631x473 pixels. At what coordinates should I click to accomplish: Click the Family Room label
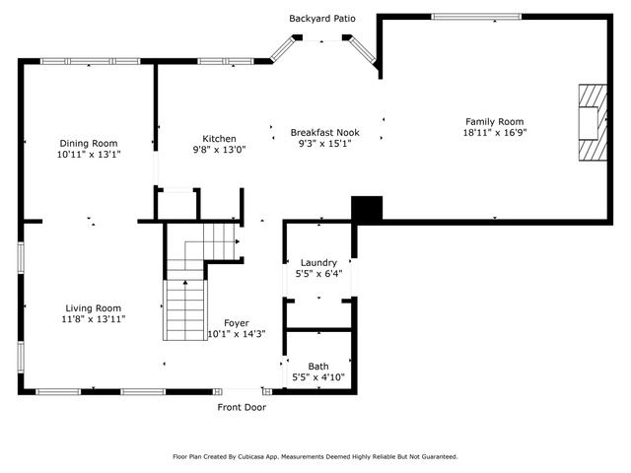(x=495, y=121)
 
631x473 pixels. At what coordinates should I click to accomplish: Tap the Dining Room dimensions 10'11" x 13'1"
(x=89, y=154)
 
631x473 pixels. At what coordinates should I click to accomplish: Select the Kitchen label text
(x=219, y=139)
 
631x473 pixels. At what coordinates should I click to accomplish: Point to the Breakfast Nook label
(x=324, y=132)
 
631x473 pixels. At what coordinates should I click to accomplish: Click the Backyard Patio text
(x=322, y=19)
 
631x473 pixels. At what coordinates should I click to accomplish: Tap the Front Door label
(x=242, y=407)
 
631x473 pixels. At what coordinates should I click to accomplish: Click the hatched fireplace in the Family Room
(x=593, y=122)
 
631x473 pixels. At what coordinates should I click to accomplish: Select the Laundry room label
(x=318, y=263)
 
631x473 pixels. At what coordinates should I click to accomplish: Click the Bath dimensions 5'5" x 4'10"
(x=318, y=377)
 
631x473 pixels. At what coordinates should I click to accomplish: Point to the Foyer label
(x=237, y=323)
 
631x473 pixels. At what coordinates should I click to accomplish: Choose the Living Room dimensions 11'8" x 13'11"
(x=94, y=319)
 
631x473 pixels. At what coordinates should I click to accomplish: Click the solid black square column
(x=367, y=208)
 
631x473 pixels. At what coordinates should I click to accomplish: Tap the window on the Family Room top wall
(x=476, y=17)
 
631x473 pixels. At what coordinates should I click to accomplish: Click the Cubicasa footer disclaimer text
(x=315, y=457)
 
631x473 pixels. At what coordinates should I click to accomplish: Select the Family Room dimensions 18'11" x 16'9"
(x=495, y=133)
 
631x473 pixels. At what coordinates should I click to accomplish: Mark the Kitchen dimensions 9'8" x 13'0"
(x=219, y=150)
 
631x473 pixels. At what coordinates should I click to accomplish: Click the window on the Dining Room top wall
(x=91, y=61)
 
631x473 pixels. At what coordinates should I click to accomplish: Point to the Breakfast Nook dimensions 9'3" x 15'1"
(x=325, y=144)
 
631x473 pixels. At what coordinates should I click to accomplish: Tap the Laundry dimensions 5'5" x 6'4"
(x=319, y=274)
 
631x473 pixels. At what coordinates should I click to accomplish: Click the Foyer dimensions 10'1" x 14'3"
(x=237, y=334)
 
